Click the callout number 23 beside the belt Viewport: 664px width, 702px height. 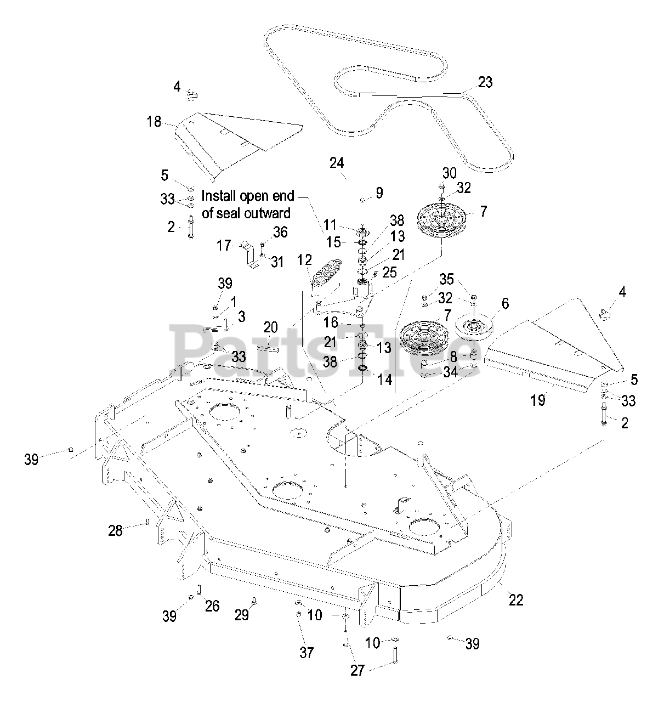[485, 82]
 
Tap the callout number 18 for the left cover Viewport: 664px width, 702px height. [154, 121]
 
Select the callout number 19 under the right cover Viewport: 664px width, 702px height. [538, 400]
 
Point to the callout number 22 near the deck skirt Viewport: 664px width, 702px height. [515, 599]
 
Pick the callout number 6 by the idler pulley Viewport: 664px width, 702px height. [504, 303]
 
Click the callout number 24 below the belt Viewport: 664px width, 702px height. [337, 163]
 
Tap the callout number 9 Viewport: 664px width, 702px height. [379, 193]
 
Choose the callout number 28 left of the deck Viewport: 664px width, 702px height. [115, 530]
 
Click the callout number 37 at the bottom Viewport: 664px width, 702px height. [307, 652]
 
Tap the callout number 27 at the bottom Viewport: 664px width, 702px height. [357, 670]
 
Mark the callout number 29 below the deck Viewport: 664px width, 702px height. [242, 615]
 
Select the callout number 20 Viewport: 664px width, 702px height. [270, 327]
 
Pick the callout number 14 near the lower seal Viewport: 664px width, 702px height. [385, 379]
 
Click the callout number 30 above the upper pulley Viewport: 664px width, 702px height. [449, 173]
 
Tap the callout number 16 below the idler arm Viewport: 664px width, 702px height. [345, 322]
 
